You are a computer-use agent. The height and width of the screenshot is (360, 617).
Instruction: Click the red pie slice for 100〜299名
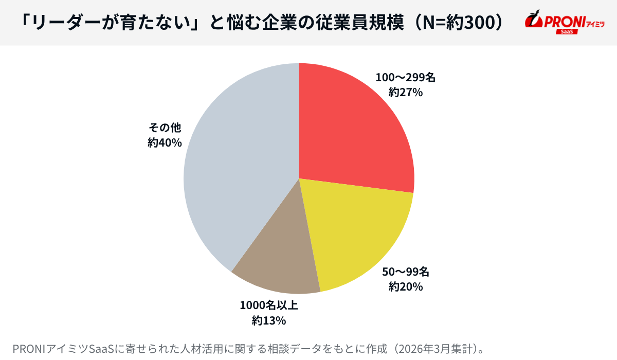pyautogui.click(x=350, y=129)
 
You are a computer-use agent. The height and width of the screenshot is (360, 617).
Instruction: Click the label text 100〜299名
pyautogui.click(x=405, y=78)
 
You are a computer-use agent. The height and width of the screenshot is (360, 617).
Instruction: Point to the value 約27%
pyautogui.click(x=405, y=93)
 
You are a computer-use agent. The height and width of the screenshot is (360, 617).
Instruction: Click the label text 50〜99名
pyautogui.click(x=405, y=272)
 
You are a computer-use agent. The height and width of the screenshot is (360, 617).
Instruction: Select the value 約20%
pyautogui.click(x=405, y=286)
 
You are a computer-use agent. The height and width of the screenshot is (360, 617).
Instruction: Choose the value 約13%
pyautogui.click(x=269, y=320)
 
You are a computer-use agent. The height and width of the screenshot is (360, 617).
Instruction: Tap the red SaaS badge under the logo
pyautogui.click(x=567, y=32)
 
